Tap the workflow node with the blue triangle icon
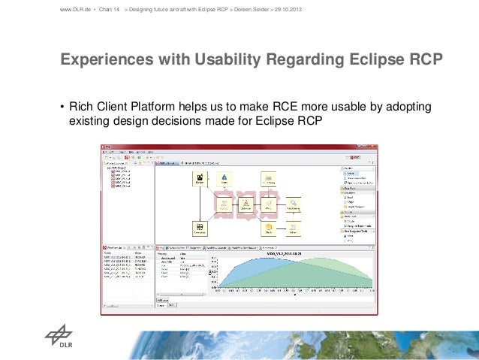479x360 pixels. tap(224, 178)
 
